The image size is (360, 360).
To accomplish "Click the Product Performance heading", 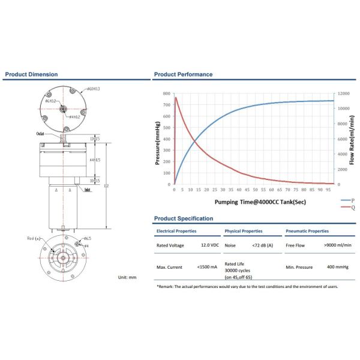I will (x=183, y=74).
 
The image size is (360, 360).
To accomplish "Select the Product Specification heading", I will (x=183, y=218).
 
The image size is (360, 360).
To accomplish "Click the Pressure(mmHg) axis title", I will (x=157, y=143).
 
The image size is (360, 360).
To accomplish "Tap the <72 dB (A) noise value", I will (x=263, y=245).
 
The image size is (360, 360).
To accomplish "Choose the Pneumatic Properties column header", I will (x=307, y=231).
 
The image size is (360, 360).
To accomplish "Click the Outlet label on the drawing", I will (x=41, y=134).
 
